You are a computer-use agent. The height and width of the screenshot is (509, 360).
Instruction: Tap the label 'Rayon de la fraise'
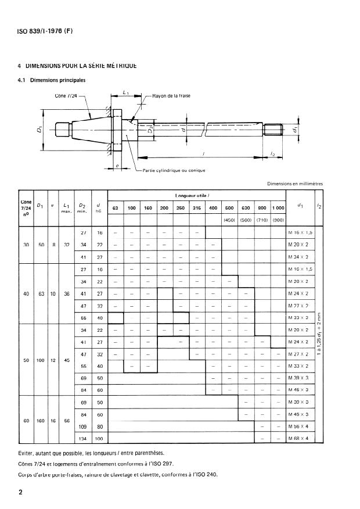click(x=171, y=95)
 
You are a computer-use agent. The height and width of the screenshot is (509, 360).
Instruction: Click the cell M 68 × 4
click(x=298, y=439)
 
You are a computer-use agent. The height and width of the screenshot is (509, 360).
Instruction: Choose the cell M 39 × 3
click(x=298, y=378)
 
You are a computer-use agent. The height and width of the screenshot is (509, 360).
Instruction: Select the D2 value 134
click(x=82, y=439)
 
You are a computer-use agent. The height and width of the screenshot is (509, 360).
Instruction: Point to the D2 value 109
click(x=82, y=427)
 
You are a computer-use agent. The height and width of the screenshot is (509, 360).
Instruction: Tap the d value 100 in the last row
click(x=99, y=439)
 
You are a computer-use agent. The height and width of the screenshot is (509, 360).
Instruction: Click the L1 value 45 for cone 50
click(x=67, y=360)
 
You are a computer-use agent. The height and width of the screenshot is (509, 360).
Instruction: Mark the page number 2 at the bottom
click(x=21, y=493)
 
